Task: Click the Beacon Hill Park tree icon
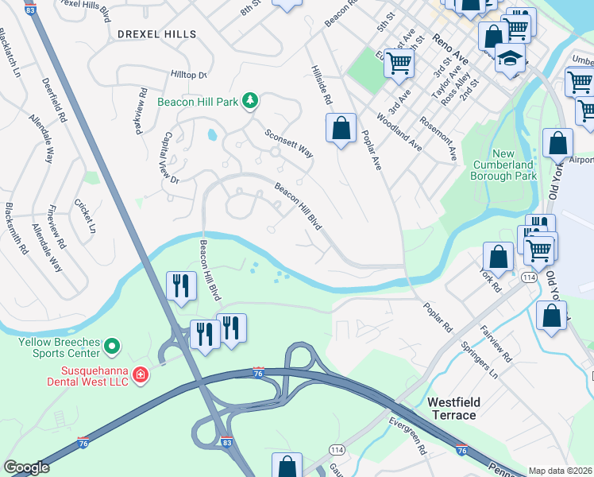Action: point(251,99)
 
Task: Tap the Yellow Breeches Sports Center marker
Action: point(112,346)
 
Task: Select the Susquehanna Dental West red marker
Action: point(141,373)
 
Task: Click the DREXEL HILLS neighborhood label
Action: point(156,33)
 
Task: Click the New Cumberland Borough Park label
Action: point(503,165)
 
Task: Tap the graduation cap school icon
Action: point(510,58)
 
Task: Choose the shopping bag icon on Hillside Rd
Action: point(341,128)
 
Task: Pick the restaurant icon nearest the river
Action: point(181,284)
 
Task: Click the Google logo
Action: point(26,467)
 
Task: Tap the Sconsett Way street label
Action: point(288,144)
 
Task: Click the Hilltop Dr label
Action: point(188,74)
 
